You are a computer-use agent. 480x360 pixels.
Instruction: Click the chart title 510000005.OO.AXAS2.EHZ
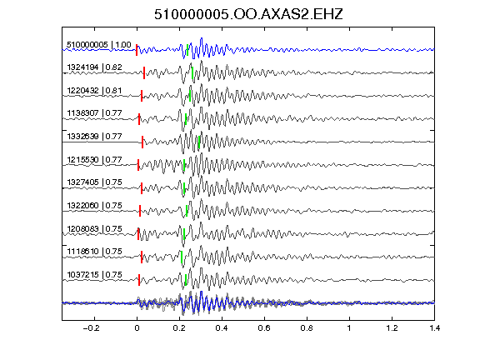tap(248, 14)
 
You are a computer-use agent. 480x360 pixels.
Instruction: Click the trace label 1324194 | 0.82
tap(94, 67)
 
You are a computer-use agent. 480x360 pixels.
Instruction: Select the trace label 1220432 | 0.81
tap(94, 90)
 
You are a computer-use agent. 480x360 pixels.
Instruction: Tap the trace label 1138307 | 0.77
tap(94, 113)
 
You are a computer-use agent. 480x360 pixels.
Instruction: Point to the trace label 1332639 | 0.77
tap(94, 136)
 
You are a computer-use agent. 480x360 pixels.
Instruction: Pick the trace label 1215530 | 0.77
tap(94, 159)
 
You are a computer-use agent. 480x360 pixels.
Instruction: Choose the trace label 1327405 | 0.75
tap(94, 182)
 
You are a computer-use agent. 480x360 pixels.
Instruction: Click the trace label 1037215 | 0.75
tap(94, 275)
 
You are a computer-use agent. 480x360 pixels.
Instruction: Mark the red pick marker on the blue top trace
tap(137, 50)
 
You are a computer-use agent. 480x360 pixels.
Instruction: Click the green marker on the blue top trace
tap(187, 50)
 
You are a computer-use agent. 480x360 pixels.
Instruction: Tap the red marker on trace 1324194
tap(144, 72)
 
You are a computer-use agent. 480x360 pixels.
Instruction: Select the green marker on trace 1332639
tap(199, 142)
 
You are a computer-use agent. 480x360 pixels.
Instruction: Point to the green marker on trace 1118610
tap(182, 257)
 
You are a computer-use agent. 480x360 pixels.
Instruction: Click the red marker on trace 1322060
tap(140, 211)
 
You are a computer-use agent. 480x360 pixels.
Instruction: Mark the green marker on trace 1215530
tap(184, 165)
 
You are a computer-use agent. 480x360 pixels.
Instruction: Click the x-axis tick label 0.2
tap(179, 328)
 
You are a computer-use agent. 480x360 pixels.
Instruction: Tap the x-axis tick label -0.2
tap(91, 328)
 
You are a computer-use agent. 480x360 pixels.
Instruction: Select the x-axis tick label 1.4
tap(435, 328)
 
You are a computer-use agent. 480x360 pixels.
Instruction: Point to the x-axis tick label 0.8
tap(307, 328)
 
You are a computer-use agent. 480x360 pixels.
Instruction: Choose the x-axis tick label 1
tap(349, 328)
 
